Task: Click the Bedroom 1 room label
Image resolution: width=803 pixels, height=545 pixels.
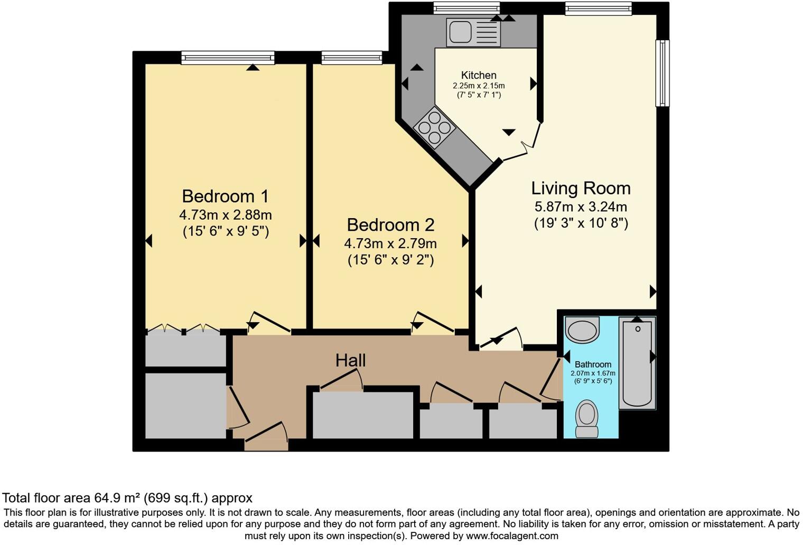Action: (225, 196)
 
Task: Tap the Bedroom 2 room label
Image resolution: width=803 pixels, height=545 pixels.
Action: (390, 225)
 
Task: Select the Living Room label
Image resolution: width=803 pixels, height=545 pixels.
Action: (581, 189)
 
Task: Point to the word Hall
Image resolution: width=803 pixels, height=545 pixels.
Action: (351, 361)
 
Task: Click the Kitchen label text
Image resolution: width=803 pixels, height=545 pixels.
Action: (479, 75)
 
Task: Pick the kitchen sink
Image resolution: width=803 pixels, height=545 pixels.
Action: (473, 33)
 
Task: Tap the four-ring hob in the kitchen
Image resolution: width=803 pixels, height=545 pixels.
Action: (434, 127)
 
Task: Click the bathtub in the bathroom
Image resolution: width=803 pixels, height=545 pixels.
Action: (637, 363)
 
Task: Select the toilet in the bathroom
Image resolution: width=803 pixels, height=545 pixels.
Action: (586, 419)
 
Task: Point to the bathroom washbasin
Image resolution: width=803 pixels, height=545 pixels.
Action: (582, 330)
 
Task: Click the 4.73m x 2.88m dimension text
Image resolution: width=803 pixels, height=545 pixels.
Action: (226, 215)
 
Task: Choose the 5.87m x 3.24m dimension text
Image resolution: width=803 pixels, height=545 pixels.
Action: (581, 206)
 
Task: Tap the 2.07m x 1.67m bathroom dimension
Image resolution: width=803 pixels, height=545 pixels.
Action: (593, 373)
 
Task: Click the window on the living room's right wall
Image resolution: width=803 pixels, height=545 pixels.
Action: (662, 73)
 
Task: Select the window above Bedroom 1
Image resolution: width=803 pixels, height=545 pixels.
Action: (228, 58)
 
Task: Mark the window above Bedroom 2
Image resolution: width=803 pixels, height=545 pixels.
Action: (352, 58)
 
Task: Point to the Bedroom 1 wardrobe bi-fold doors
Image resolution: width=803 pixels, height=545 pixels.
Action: (183, 328)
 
